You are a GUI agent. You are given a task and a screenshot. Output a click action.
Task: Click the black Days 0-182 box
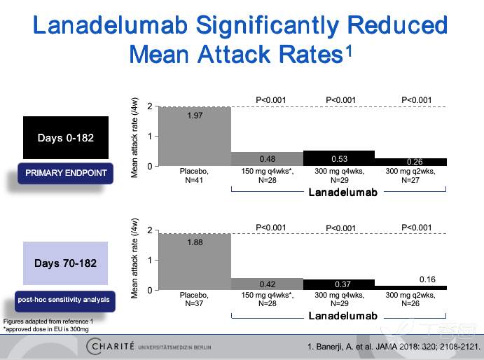click(65, 137)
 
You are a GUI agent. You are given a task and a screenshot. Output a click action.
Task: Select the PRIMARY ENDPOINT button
click(66, 172)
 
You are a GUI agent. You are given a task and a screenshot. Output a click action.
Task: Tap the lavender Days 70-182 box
click(65, 263)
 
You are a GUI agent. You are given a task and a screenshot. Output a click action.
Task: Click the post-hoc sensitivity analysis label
click(64, 300)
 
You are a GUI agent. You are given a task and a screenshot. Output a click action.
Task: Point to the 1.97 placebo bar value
click(195, 116)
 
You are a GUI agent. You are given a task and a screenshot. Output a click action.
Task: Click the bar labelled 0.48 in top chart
click(266, 158)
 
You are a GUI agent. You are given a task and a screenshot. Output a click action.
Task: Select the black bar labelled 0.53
click(339, 158)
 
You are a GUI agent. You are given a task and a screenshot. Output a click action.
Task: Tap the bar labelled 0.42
click(266, 284)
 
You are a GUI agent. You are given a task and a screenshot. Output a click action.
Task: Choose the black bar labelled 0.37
click(339, 284)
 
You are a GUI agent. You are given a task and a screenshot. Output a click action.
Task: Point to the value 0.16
click(427, 279)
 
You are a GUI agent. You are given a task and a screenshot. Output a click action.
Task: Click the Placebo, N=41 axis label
click(195, 175)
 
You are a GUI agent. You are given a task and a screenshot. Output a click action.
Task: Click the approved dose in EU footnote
click(46, 328)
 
